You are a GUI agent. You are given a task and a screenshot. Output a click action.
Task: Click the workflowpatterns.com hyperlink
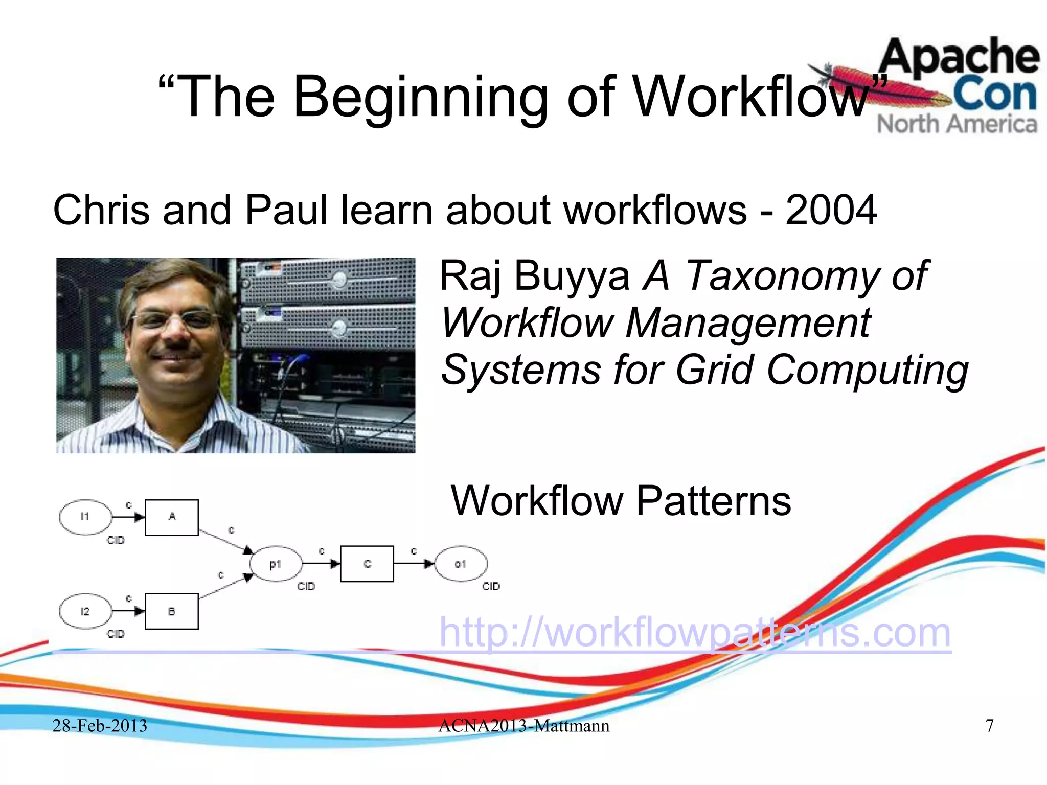click(695, 633)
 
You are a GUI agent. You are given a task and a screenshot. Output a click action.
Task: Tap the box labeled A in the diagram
click(172, 517)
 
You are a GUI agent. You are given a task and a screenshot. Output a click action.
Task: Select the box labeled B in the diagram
click(172, 611)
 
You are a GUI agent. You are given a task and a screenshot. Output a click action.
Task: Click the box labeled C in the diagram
click(367, 564)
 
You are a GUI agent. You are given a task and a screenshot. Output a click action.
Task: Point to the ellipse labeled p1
click(276, 564)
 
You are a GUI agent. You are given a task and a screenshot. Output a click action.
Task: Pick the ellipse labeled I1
click(85, 517)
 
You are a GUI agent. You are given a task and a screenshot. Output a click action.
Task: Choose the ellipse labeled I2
click(85, 611)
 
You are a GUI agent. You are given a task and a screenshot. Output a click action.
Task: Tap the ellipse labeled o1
click(461, 564)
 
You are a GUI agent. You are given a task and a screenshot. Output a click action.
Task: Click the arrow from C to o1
click(414, 564)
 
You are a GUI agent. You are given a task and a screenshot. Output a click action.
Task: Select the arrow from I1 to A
click(128, 517)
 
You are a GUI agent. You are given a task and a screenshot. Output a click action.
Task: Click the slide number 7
click(990, 726)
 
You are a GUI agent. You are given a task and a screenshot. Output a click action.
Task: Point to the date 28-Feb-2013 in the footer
click(100, 726)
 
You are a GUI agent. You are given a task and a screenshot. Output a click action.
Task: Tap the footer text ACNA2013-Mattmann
click(524, 726)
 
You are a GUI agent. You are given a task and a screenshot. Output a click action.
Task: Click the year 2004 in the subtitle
click(831, 210)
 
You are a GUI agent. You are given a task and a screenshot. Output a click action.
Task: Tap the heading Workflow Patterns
click(621, 501)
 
